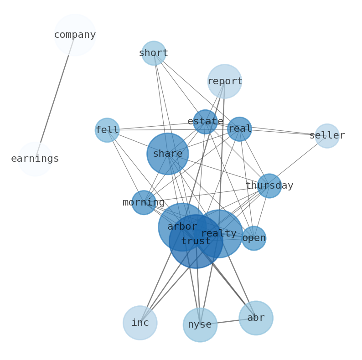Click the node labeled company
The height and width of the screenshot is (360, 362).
(x=75, y=35)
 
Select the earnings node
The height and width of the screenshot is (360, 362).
(x=35, y=159)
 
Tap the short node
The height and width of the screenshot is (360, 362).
(x=154, y=53)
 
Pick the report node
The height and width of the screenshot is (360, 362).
(x=225, y=81)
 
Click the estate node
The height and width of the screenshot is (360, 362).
(x=205, y=122)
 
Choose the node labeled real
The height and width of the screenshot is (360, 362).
(x=239, y=129)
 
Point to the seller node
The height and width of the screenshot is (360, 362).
(x=327, y=136)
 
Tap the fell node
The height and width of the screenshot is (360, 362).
(x=107, y=130)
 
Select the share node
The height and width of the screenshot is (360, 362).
(x=168, y=154)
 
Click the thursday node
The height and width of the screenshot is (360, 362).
(x=269, y=186)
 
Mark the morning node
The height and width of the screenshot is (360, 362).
(x=144, y=203)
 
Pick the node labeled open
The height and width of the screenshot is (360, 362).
(x=254, y=238)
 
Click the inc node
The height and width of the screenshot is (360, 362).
(x=140, y=323)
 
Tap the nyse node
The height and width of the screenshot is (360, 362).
(x=200, y=325)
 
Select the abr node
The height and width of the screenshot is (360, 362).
(x=256, y=318)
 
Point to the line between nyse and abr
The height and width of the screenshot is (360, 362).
(x=228, y=321)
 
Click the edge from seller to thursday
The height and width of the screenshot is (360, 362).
(x=298, y=161)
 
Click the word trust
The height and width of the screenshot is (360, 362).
(x=196, y=241)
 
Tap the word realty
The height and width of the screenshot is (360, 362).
(x=219, y=233)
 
